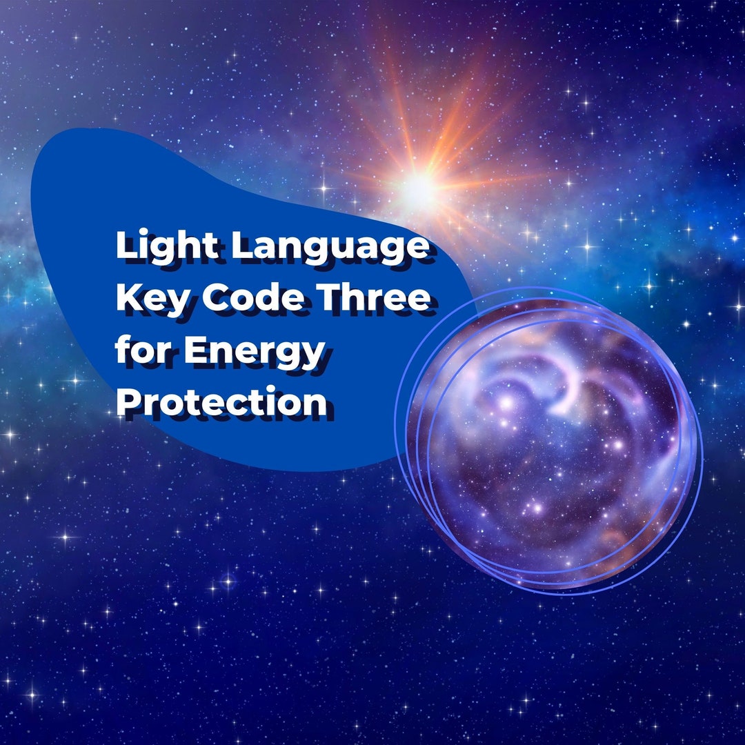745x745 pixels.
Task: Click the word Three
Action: click(x=374, y=299)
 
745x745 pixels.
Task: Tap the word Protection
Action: click(x=221, y=402)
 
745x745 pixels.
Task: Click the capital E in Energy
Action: click(x=195, y=350)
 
